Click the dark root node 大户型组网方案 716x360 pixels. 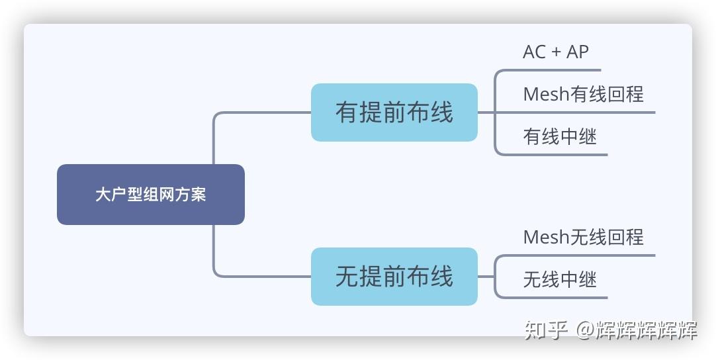point(151,195)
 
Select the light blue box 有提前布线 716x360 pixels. point(394,112)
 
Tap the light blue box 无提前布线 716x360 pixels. point(394,277)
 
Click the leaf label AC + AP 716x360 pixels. point(555,52)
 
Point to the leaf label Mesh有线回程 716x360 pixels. point(583,95)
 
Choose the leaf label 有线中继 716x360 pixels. point(560,137)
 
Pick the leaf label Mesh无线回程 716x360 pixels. point(583,237)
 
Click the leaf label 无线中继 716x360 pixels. point(560,279)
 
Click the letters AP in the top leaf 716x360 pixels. point(577,52)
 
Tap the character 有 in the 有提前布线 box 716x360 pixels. point(347,112)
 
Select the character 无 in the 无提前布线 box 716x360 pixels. point(347,277)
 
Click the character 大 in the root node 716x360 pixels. point(103,195)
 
